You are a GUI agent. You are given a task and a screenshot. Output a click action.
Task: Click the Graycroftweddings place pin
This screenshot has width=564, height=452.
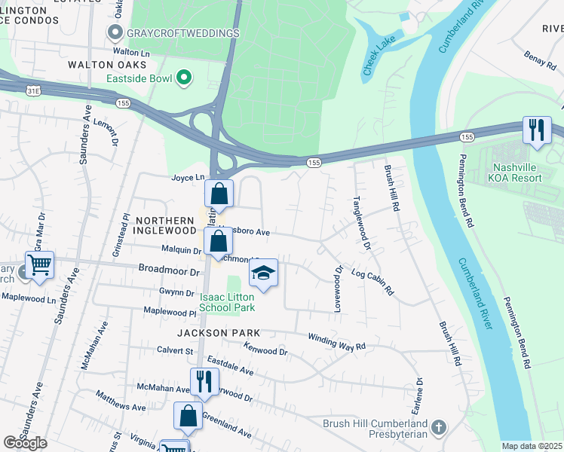point(115,32)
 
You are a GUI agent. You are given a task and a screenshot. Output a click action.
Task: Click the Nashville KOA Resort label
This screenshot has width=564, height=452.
point(528,173)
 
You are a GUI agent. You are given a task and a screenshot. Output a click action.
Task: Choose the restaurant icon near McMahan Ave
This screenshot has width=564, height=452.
point(203,381)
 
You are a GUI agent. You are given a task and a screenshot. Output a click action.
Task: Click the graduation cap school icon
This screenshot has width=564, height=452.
point(263,273)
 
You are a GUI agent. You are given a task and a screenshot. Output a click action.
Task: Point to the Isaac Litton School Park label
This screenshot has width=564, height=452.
point(227,302)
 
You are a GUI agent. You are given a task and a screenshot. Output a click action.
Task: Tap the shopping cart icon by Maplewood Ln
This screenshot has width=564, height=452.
point(39,264)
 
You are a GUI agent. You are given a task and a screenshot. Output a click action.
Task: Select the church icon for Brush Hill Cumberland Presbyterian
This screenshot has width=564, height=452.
point(439,429)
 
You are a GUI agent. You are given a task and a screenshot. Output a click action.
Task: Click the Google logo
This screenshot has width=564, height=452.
point(25,443)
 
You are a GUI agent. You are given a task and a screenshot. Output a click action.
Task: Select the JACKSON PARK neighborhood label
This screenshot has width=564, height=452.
point(218,332)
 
